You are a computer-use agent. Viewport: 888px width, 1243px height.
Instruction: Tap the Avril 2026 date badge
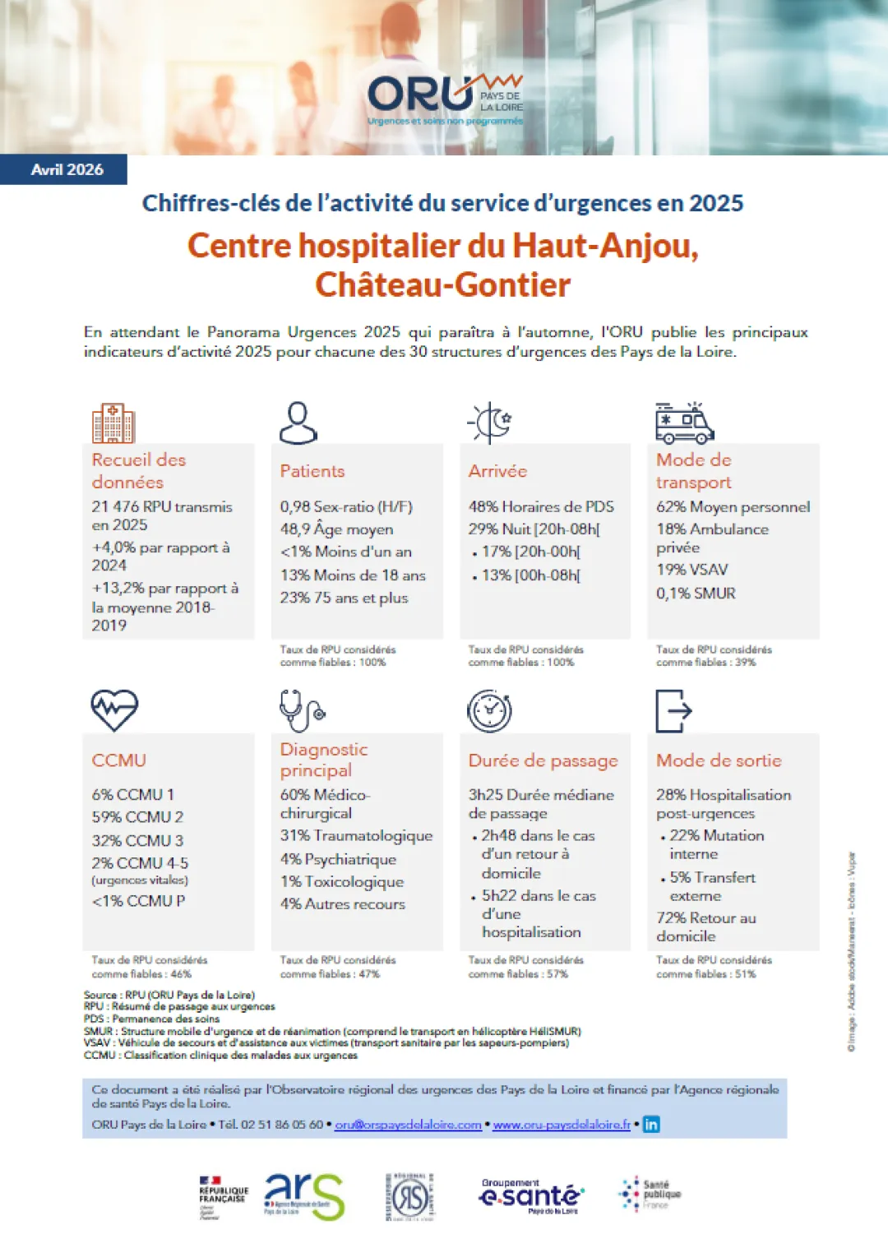(67, 170)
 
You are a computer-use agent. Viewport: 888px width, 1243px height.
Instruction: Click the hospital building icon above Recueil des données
(113, 423)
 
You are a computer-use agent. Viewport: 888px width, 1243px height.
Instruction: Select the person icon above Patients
(298, 423)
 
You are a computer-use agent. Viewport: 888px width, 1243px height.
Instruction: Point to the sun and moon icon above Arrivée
(490, 423)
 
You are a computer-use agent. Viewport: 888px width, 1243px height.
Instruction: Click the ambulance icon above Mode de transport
(684, 423)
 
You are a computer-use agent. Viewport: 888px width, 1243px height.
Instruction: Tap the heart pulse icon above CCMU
(114, 709)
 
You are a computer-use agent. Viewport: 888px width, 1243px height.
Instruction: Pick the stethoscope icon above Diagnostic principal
(301, 710)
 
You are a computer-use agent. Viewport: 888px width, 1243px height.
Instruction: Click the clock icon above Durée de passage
(489, 710)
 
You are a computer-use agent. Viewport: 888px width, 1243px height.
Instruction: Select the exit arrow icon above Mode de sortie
(673, 710)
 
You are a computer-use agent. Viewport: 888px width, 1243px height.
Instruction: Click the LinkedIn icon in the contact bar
(651, 1124)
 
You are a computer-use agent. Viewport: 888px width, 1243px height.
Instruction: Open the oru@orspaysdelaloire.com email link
(408, 1125)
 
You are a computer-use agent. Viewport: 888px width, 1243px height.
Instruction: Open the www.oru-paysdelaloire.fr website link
(562, 1125)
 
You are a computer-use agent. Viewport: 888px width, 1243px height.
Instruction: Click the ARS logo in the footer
(303, 1196)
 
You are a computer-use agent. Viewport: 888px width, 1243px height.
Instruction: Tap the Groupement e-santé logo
(531, 1195)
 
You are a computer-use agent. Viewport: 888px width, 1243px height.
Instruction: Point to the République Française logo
(223, 1196)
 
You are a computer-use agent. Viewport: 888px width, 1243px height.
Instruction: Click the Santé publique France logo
(650, 1194)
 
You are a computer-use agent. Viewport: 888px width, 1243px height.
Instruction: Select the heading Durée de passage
(543, 761)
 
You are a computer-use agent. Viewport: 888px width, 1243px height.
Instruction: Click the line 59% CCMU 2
(137, 817)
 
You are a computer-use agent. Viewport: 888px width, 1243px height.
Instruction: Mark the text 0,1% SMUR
(696, 594)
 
